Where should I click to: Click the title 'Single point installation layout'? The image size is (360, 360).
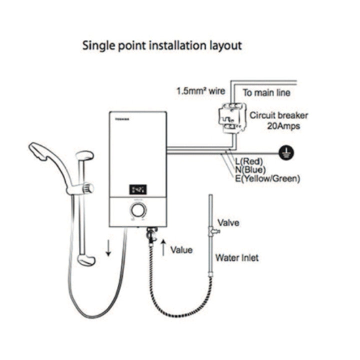162,45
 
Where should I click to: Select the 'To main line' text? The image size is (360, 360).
266,92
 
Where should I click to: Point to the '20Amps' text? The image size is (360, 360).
283,126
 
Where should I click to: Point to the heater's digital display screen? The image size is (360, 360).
138,189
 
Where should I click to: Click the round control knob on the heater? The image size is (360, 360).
136,210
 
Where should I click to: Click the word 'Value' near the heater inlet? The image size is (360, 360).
181,249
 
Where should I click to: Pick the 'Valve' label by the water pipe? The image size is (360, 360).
228,223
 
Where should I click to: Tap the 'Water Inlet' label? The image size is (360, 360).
237,258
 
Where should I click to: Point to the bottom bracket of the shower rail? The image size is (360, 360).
85,259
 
